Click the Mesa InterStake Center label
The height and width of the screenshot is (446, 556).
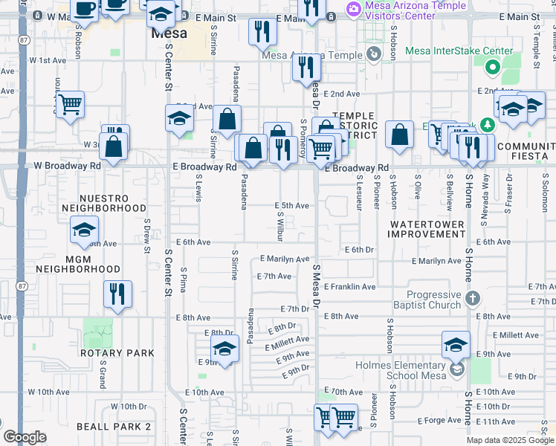(459, 51)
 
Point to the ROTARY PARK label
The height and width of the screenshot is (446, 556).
(117, 353)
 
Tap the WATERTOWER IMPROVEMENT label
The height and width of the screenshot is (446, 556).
(427, 229)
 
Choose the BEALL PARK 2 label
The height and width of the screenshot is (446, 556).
(114, 427)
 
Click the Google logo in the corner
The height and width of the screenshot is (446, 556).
(25, 437)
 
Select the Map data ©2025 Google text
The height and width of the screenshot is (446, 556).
(510, 440)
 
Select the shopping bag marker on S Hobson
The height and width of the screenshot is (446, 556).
(400, 135)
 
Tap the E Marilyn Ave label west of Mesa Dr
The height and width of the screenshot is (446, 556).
(284, 259)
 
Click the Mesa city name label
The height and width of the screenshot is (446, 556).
(169, 33)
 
